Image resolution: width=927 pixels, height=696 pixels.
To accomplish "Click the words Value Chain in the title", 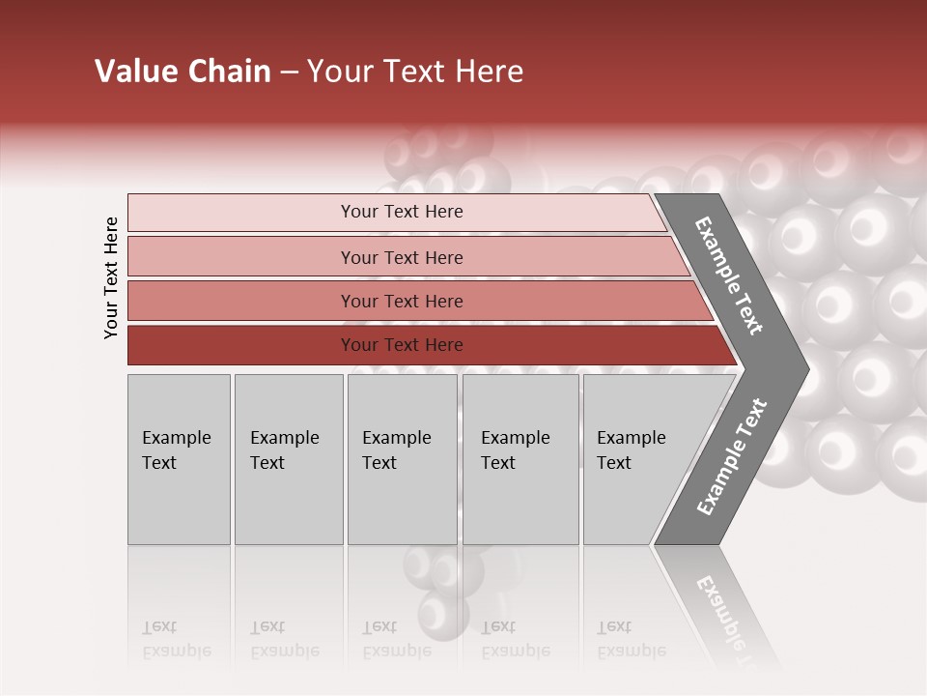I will [x=183, y=72].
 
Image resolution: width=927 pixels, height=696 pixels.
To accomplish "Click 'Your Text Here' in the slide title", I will [x=415, y=72].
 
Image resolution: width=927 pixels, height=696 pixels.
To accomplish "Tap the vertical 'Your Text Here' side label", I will [x=111, y=278].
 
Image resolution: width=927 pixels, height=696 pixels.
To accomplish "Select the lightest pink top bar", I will [x=241, y=213].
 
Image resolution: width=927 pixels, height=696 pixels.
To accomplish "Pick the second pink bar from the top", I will [x=241, y=257].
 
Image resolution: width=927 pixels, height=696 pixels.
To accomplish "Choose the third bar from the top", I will [x=241, y=301].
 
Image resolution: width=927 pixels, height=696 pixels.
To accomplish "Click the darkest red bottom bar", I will [x=241, y=345].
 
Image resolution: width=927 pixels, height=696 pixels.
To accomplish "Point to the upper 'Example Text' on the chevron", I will [x=729, y=275].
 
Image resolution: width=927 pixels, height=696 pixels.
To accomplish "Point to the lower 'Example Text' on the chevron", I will [x=732, y=457].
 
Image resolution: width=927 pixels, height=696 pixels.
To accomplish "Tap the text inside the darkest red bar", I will [x=402, y=345].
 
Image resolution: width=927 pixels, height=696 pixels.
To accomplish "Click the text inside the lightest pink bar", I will [x=402, y=212].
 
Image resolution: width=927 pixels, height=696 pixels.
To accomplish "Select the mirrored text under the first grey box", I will [x=176, y=639].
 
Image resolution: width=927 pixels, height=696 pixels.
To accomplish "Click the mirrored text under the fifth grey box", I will [x=631, y=639].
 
